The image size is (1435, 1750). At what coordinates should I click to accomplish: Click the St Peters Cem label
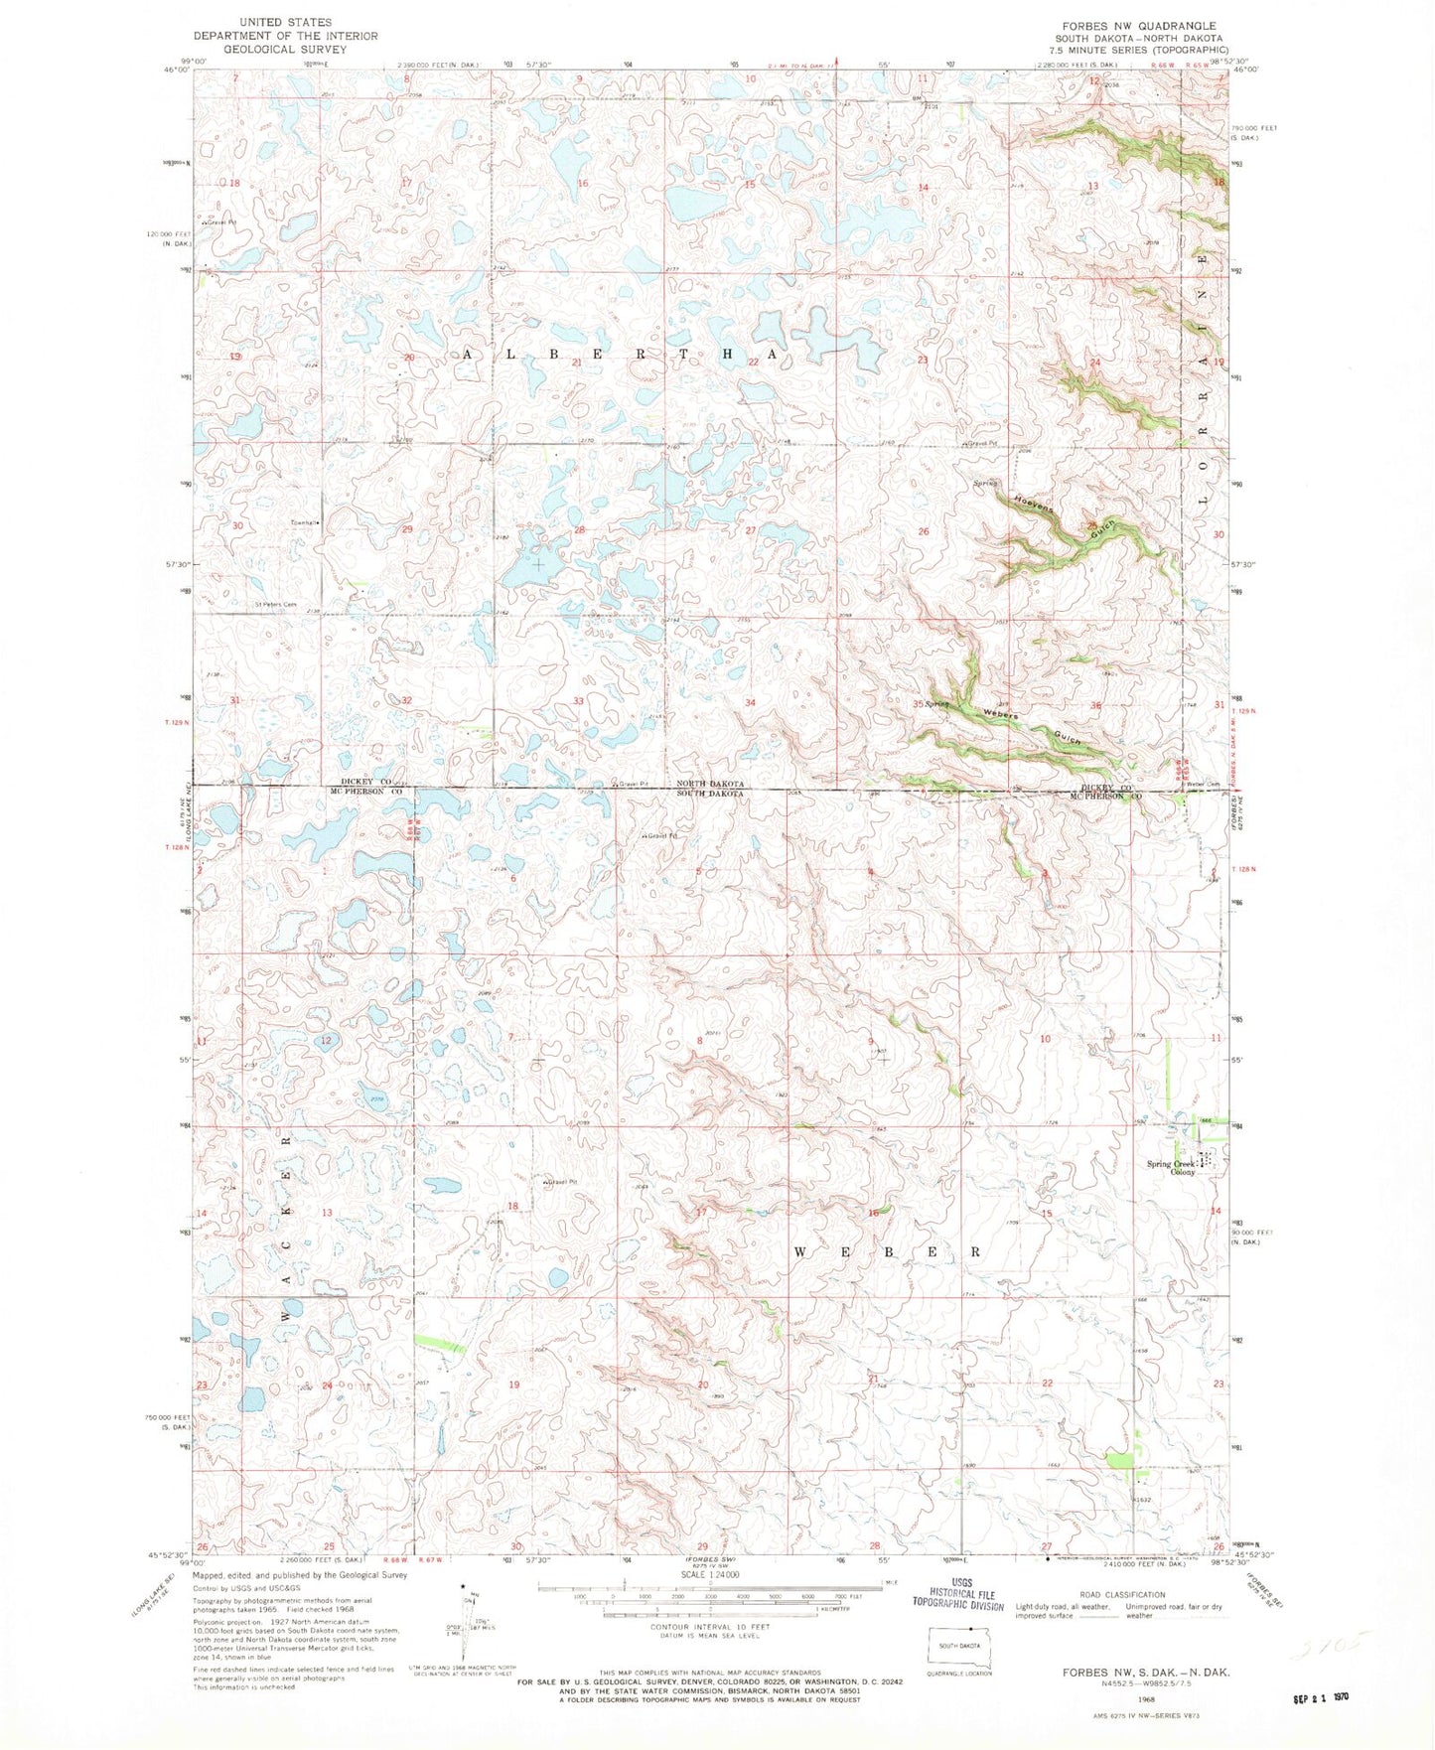pos(275,604)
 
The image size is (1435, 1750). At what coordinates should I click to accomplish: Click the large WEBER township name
pos(887,1252)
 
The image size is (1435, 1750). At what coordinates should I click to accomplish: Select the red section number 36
pos(1095,706)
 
